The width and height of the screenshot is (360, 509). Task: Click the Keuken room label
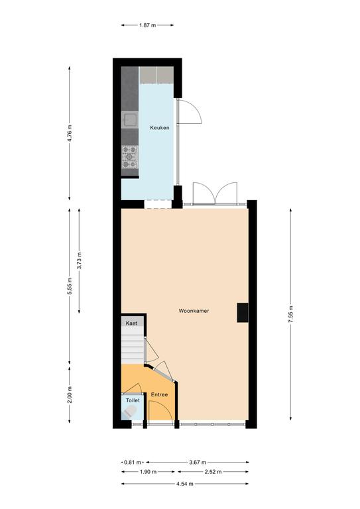pos(160,128)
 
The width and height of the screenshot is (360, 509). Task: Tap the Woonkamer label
pos(194,311)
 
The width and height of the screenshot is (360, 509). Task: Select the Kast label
pos(131,323)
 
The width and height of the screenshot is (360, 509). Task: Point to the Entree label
pos(159,394)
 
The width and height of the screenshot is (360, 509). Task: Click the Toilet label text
pos(133,400)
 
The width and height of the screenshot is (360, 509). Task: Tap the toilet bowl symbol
pos(130,412)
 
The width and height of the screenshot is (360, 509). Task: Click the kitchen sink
pos(130,120)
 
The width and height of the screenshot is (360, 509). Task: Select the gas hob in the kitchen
pos(130,157)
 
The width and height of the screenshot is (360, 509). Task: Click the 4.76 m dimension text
pos(70,133)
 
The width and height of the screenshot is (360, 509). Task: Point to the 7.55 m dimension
pos(290,314)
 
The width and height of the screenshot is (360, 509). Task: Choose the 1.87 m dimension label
pos(147,25)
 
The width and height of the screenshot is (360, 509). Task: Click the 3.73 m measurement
pos(79,260)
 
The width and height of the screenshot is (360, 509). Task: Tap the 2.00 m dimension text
pos(70,395)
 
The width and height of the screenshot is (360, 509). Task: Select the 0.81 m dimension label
pos(133,462)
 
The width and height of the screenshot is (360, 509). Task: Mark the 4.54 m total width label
pos(185,484)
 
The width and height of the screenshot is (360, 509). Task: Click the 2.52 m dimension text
pos(213,472)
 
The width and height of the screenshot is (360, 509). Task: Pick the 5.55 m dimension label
pos(70,286)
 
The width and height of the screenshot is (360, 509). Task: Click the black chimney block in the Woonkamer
pos(243,313)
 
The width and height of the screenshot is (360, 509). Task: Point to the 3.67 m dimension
pos(198,462)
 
